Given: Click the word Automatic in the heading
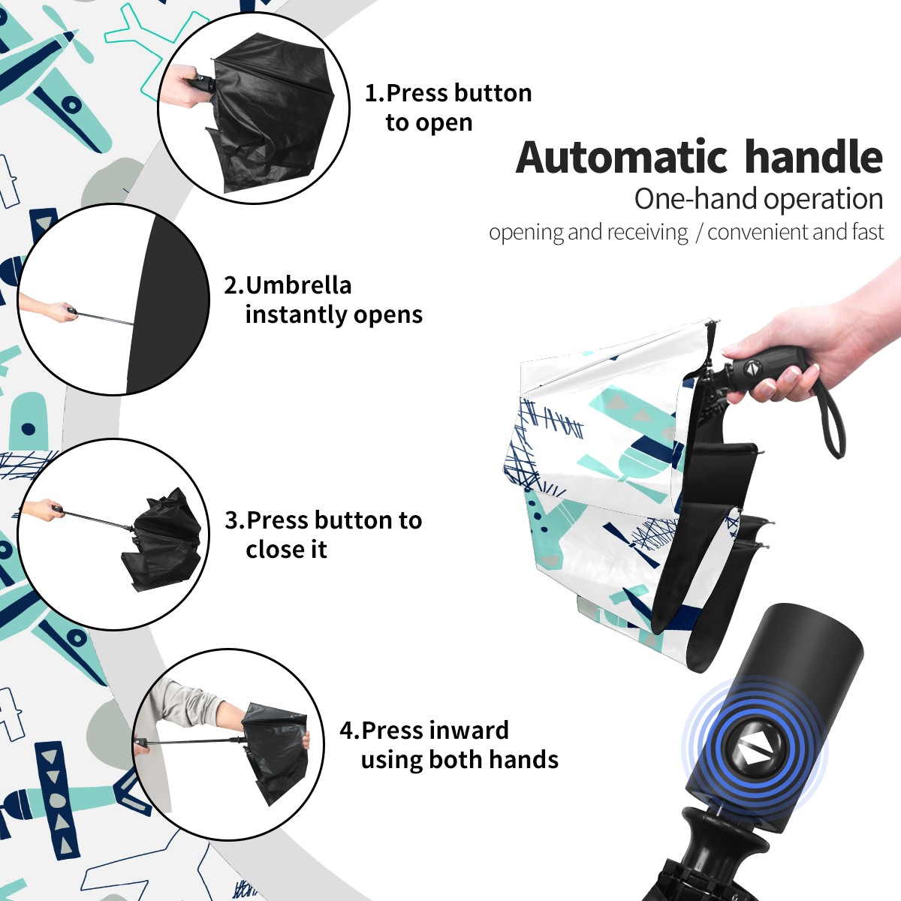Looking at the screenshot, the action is pos(622,157).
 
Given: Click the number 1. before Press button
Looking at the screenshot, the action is pos(375,93).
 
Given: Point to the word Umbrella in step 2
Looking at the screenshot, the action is pos(298,285).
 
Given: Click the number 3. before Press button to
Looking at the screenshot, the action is pos(235,520).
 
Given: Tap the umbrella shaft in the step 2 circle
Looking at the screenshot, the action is pos(106,318).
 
